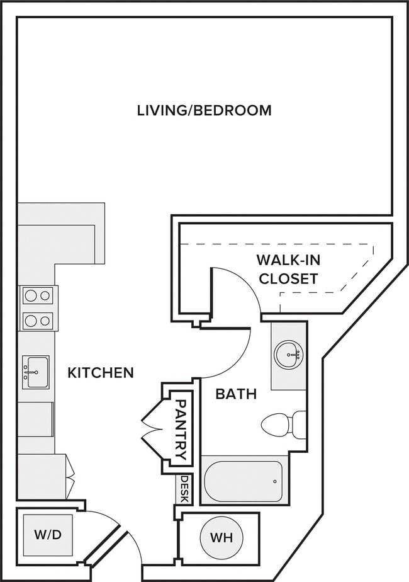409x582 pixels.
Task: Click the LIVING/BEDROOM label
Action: (x=204, y=111)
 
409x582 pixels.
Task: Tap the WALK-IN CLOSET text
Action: (x=288, y=270)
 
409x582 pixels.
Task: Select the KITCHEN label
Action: (x=101, y=373)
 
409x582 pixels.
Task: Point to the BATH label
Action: (x=236, y=394)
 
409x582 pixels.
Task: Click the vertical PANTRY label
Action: (x=181, y=430)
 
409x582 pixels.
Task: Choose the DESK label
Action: (x=184, y=489)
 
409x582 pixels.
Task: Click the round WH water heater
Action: (x=221, y=537)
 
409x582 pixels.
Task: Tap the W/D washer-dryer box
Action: (x=48, y=535)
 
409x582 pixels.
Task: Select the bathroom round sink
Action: (x=288, y=355)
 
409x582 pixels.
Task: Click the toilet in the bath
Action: (x=284, y=424)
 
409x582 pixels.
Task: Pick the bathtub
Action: (x=244, y=480)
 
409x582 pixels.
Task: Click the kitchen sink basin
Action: (x=36, y=372)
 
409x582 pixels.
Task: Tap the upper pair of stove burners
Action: (x=38, y=296)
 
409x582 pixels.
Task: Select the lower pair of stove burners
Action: (x=38, y=321)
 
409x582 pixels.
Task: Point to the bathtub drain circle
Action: (x=275, y=481)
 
